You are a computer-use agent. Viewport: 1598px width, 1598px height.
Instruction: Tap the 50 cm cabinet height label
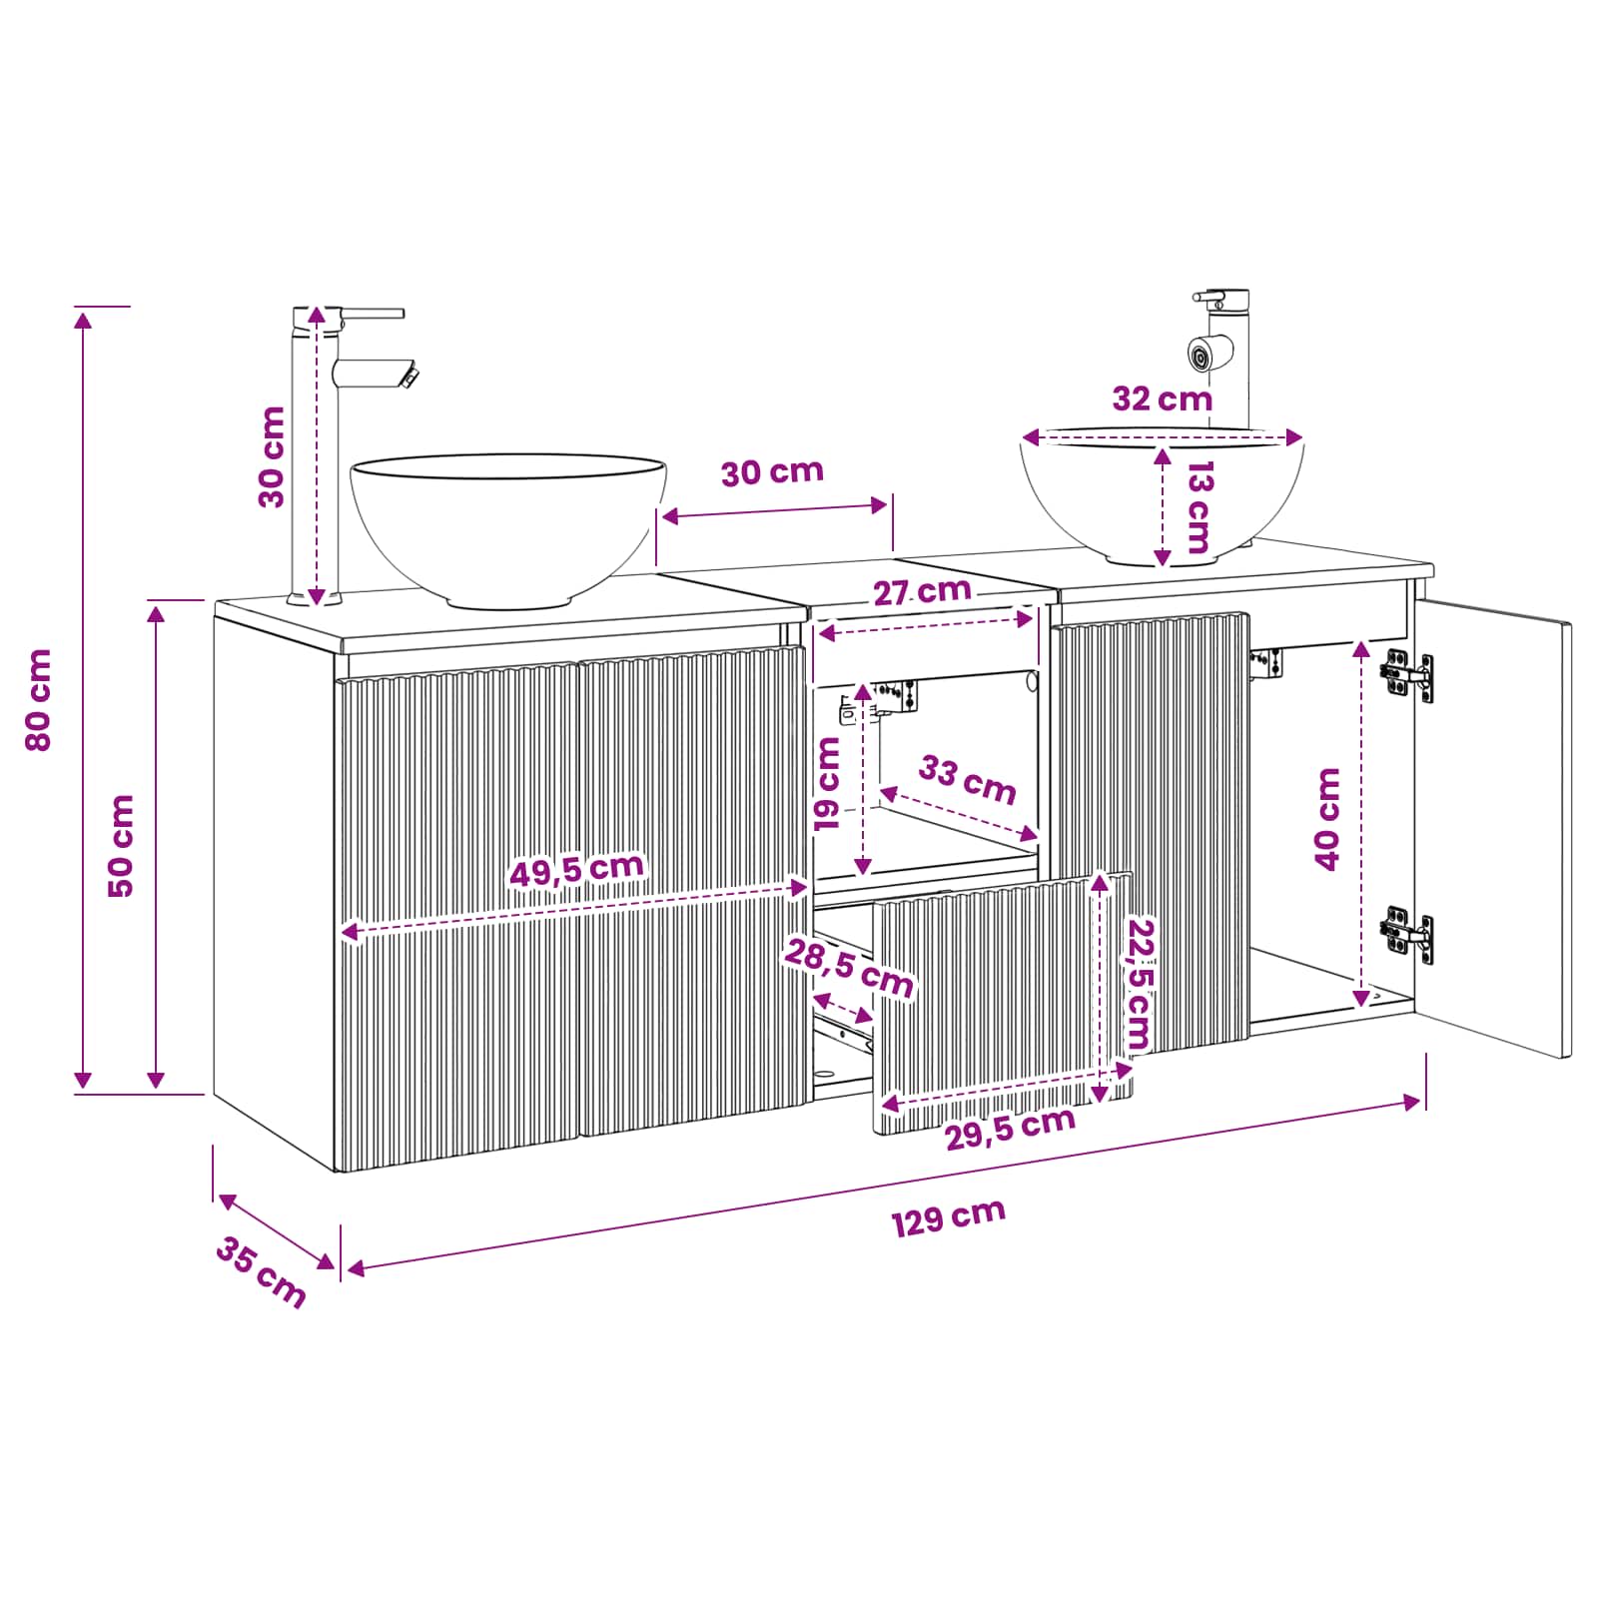coord(120,846)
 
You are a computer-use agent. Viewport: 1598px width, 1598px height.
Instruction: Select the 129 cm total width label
coord(948,1217)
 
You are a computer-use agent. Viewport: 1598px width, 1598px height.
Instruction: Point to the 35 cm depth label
coord(261,1271)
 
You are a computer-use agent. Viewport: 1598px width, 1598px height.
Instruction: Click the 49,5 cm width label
coord(577,868)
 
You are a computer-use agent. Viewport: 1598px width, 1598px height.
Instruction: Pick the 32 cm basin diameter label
coord(1162,399)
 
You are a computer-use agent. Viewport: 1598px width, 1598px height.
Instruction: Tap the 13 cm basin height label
coord(1197,507)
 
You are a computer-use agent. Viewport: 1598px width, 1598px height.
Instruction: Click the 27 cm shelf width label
coord(922,591)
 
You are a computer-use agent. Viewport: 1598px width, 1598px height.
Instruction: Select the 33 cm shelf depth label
coord(967,780)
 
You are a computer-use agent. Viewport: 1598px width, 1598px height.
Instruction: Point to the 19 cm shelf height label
coord(828,784)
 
